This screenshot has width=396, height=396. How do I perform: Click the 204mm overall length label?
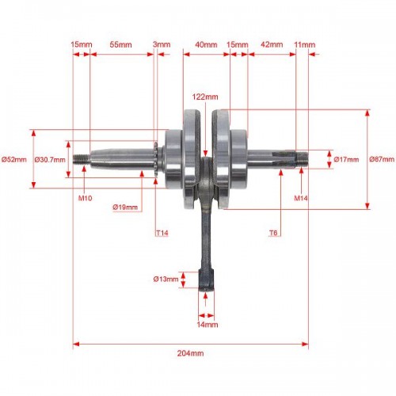190,353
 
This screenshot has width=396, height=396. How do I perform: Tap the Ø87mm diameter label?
382,159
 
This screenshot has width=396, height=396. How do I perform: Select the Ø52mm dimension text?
14,159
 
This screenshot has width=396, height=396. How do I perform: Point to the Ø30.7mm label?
50,159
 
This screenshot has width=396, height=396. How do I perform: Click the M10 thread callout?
85,198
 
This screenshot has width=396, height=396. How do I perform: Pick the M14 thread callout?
301,198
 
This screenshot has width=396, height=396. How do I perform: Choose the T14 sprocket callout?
162,233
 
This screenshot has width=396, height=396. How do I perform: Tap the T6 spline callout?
273,233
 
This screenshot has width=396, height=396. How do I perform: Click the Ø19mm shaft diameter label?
125,208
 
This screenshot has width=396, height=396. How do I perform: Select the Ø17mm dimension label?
346,159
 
